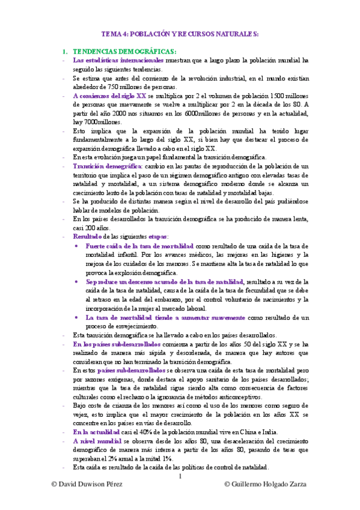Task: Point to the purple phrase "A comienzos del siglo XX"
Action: coord(109,95)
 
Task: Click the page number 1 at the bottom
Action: coord(180,478)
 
